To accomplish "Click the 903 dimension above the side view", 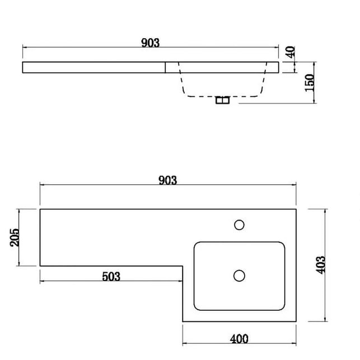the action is point(151,43).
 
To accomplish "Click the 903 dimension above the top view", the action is point(168,180).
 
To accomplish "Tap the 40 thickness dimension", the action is point(290,52).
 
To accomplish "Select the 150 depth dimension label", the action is point(310,82).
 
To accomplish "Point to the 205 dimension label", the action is point(15,237).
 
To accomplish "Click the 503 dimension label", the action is point(111,277).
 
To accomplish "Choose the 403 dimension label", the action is point(320,265).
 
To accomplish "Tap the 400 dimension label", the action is point(239,339).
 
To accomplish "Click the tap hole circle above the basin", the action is point(239,225).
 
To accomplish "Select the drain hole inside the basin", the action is point(239,275).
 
